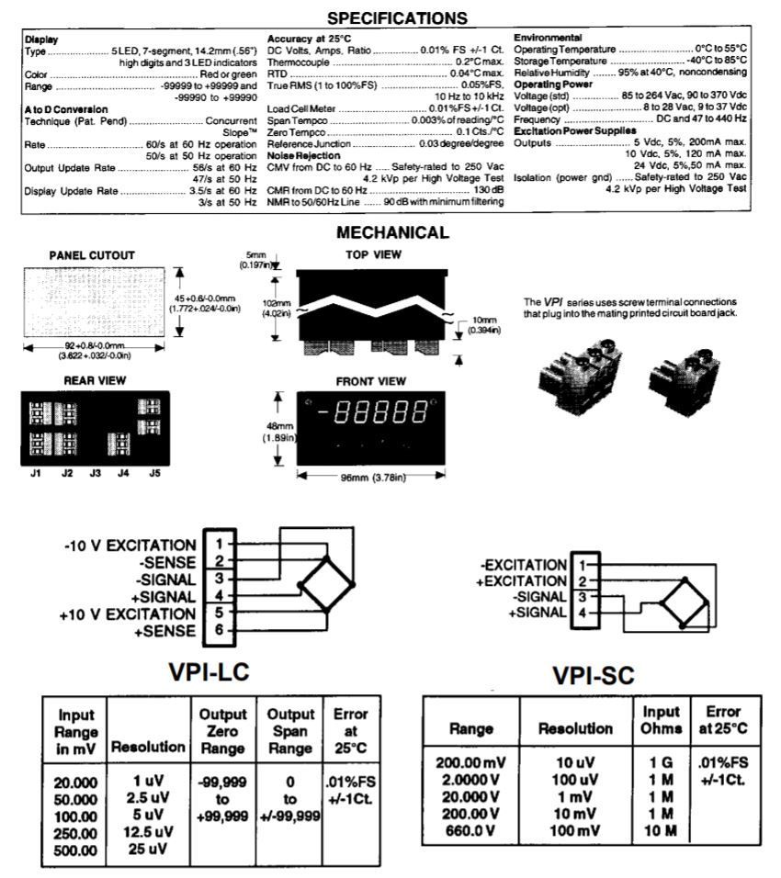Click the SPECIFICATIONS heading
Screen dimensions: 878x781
pos(390,17)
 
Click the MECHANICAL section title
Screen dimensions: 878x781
pos(393,233)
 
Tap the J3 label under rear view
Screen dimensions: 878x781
pos(95,474)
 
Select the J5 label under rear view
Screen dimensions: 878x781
pos(153,474)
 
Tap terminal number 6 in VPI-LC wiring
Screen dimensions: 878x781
pos(219,631)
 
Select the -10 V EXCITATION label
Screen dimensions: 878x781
pos(130,546)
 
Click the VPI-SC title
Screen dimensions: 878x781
pos(596,678)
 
